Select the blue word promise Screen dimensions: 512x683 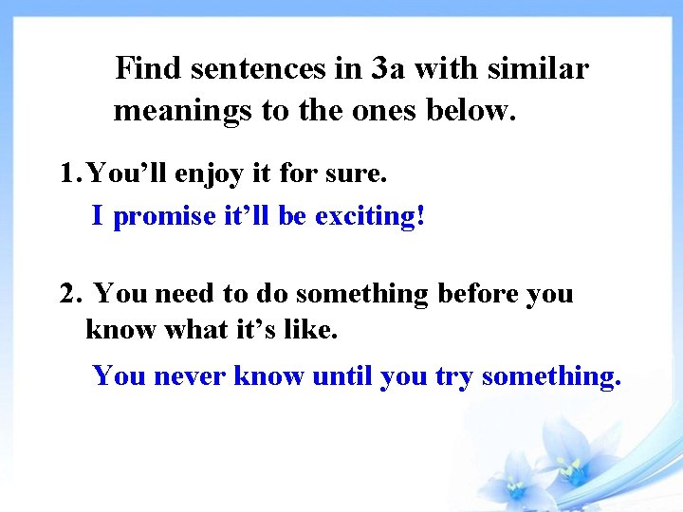(165, 216)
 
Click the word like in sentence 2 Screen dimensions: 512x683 (310, 330)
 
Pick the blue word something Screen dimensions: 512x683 (551, 376)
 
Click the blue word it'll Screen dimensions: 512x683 (248, 216)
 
